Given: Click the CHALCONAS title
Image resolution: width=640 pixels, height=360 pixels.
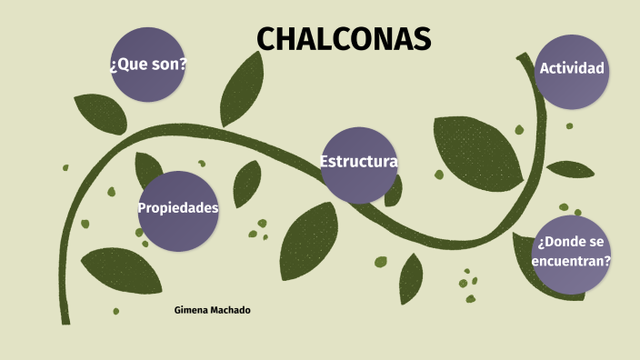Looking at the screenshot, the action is click(343, 39).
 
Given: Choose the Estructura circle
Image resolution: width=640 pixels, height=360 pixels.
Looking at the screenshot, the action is click(359, 165).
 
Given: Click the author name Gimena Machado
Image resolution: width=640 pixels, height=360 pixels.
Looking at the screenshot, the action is click(212, 311).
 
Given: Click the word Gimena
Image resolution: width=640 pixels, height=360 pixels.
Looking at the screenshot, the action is click(189, 311).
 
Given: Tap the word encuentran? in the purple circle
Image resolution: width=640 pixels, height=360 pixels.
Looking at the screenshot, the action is click(572, 260).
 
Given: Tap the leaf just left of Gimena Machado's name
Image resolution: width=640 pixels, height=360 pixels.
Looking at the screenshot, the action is click(123, 269).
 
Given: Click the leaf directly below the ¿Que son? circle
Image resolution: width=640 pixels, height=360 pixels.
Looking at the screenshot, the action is click(99, 113).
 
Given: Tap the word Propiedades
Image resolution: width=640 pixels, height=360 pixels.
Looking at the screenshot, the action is click(178, 208).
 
